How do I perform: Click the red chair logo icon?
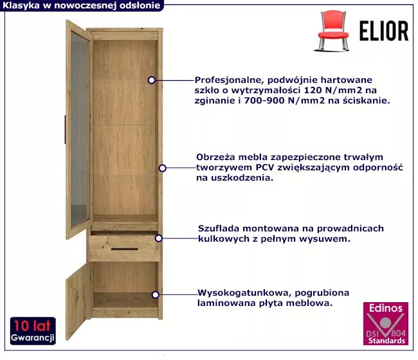click(x=332, y=31)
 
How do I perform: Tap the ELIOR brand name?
click(x=384, y=31)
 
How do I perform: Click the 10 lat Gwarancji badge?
click(x=33, y=330)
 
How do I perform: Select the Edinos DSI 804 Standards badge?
click(x=385, y=323)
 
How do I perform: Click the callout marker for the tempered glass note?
click(x=151, y=80)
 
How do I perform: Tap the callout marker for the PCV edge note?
click(x=162, y=168)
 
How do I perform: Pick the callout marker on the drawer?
click(x=159, y=239)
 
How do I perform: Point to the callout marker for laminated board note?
click(x=156, y=294)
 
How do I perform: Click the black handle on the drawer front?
click(x=125, y=249)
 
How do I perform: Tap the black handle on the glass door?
click(x=65, y=129)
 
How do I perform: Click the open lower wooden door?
click(x=78, y=301)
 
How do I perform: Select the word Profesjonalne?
click(x=229, y=80)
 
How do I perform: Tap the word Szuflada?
click(x=218, y=228)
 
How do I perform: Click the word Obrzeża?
click(x=215, y=157)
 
